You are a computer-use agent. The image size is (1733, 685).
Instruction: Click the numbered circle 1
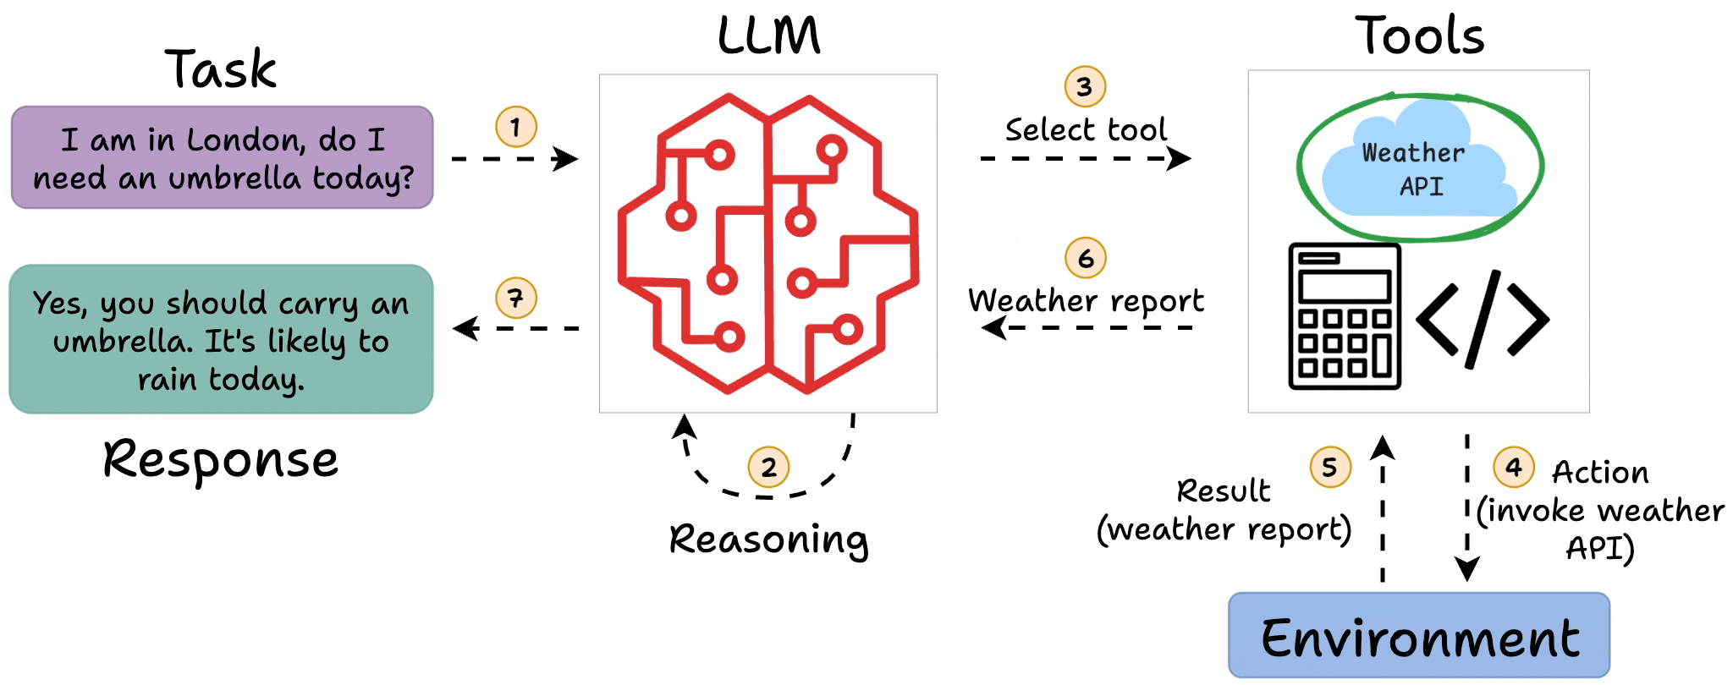click(x=516, y=127)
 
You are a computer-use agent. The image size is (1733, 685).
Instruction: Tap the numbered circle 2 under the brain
click(x=768, y=467)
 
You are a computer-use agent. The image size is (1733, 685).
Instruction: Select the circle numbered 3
click(x=1085, y=86)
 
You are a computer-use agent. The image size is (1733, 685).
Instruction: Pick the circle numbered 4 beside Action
click(x=1514, y=467)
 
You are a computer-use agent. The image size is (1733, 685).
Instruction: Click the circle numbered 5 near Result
click(x=1330, y=467)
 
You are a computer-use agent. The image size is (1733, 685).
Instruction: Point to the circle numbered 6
click(x=1086, y=258)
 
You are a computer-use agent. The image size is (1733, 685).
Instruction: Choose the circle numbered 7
click(x=516, y=298)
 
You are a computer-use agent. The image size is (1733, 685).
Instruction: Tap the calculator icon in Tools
click(x=1345, y=316)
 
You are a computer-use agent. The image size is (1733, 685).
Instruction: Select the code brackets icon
click(x=1483, y=320)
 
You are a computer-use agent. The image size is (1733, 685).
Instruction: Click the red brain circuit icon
click(x=768, y=244)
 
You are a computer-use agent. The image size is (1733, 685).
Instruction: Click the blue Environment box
click(x=1419, y=636)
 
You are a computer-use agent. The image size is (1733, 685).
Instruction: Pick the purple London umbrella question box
click(x=223, y=158)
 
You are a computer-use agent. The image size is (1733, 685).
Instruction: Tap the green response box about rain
click(x=221, y=340)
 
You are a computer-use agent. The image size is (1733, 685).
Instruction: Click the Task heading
click(x=221, y=69)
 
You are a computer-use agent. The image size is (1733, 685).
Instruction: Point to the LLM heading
click(x=768, y=36)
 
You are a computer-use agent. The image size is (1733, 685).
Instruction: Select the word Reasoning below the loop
click(x=768, y=540)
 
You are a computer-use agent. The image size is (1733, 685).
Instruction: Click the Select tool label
click(x=1086, y=130)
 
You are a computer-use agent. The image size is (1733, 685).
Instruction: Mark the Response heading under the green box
click(x=221, y=460)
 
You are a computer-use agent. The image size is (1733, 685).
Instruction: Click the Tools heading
click(x=1420, y=36)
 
